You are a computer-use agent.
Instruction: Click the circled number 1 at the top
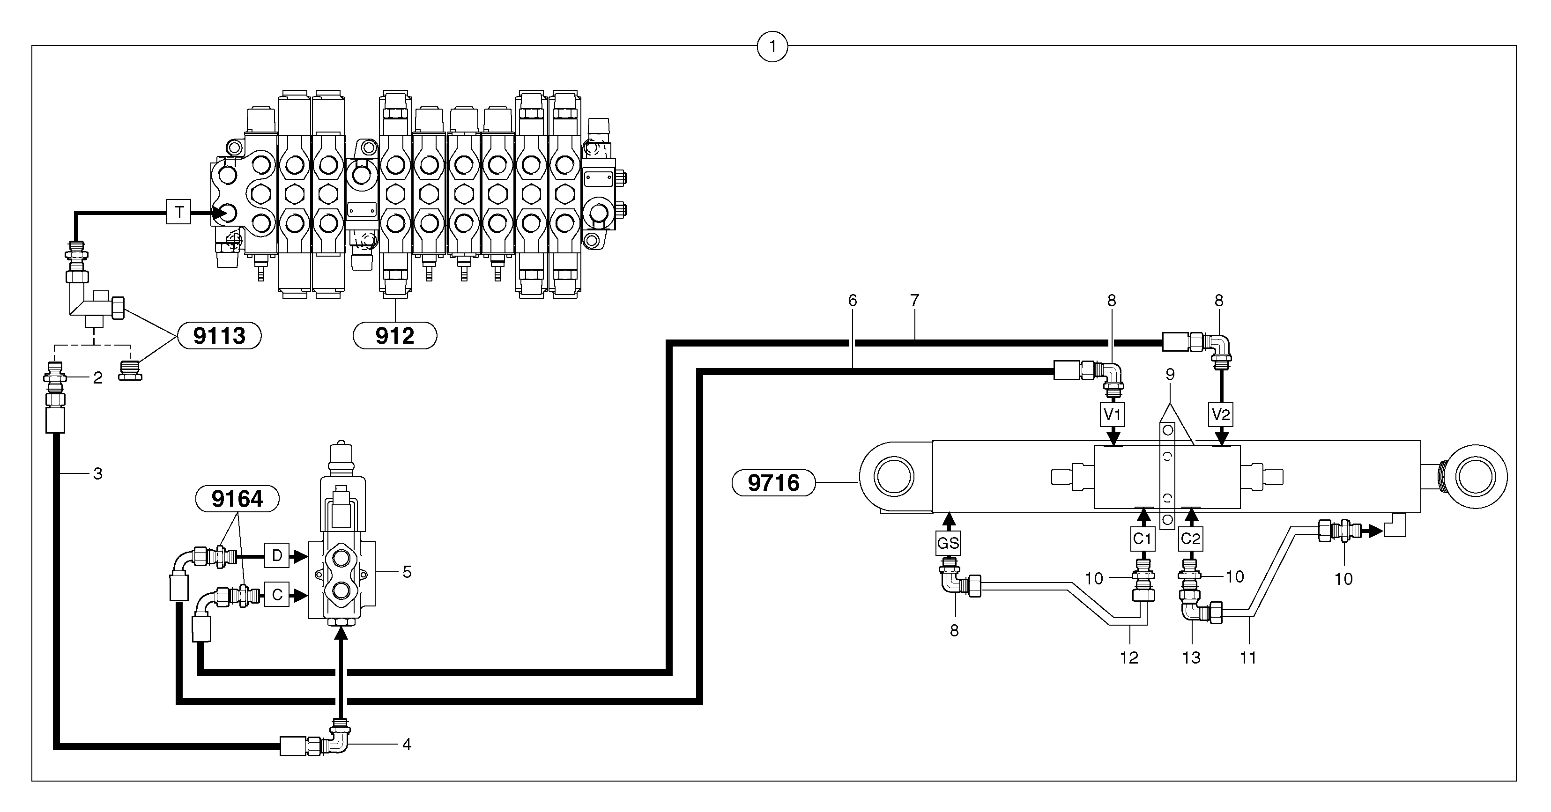pos(772,46)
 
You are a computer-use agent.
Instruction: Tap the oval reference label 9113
pos(219,336)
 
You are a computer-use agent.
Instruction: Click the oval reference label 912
pos(394,336)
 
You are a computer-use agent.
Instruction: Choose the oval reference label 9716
pos(773,483)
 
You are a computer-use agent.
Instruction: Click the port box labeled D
pos(277,555)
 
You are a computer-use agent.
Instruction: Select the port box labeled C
pos(277,595)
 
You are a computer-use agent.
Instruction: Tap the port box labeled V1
pos(1112,414)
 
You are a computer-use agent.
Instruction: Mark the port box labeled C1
pos(1142,539)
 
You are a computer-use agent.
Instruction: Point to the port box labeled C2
pos(1190,539)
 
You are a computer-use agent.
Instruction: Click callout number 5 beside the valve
pos(407,572)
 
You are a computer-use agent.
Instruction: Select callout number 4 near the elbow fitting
pos(407,745)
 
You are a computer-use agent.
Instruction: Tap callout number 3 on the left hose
pos(97,474)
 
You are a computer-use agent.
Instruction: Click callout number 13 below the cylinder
pos(1191,658)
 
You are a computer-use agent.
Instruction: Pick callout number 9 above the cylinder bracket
pos(1169,375)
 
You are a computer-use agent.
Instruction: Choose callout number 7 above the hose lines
pos(914,300)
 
